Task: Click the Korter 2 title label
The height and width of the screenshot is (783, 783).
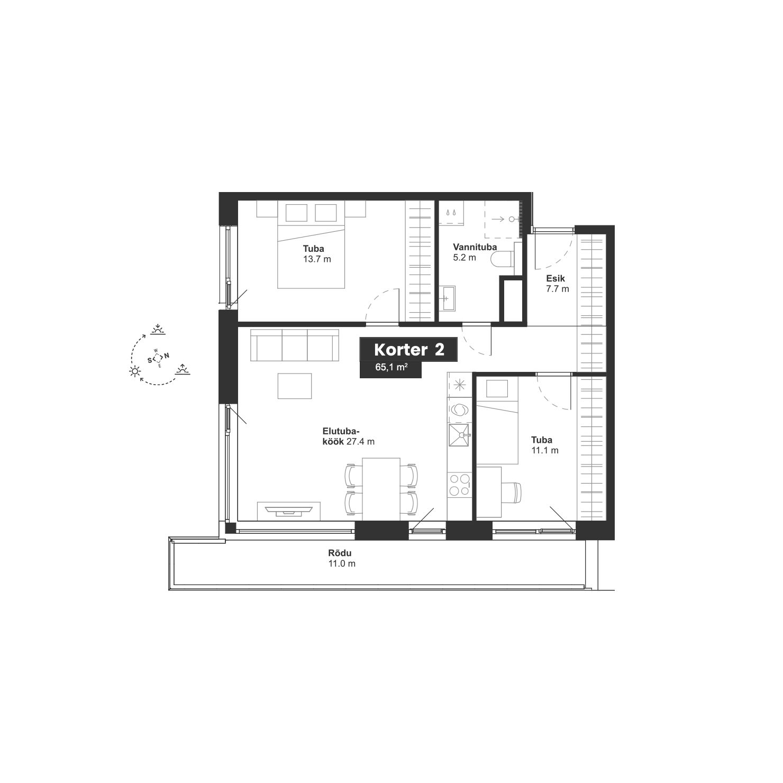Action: pyautogui.click(x=408, y=350)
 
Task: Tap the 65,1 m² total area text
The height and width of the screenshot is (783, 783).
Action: pyautogui.click(x=391, y=367)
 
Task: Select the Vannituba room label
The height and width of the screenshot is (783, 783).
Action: pyautogui.click(x=475, y=247)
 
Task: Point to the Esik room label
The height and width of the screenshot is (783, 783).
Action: pyautogui.click(x=556, y=278)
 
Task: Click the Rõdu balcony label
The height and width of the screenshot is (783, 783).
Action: pyautogui.click(x=340, y=553)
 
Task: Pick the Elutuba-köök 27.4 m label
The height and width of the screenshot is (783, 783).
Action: pyautogui.click(x=349, y=436)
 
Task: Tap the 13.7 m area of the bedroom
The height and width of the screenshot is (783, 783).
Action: pyautogui.click(x=317, y=259)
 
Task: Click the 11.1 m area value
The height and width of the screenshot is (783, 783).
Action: pyautogui.click(x=545, y=450)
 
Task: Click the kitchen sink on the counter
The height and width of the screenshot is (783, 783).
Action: pyautogui.click(x=459, y=435)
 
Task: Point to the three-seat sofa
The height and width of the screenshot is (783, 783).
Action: pyautogui.click(x=295, y=345)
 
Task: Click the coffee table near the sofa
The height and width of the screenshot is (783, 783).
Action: pyautogui.click(x=295, y=386)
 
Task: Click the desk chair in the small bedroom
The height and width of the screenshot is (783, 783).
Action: pyautogui.click(x=512, y=493)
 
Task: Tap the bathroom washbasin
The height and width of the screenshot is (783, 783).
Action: pyautogui.click(x=448, y=298)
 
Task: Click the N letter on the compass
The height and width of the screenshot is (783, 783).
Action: pyautogui.click(x=167, y=356)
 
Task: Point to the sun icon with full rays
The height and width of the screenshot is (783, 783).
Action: pyautogui.click(x=135, y=371)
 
